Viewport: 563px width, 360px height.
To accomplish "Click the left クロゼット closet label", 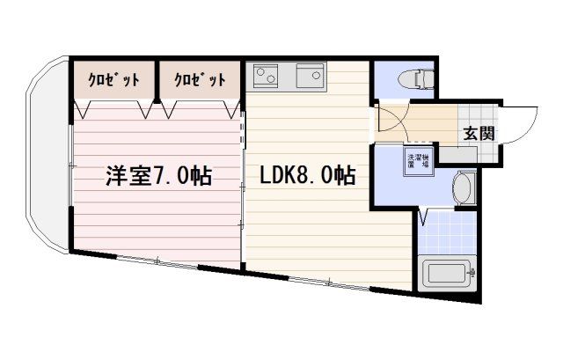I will tap(113, 80).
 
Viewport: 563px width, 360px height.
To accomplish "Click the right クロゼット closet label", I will tap(199, 80).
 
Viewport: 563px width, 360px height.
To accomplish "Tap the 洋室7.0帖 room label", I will tap(158, 175).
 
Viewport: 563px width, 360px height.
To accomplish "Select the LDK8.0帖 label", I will tap(307, 175).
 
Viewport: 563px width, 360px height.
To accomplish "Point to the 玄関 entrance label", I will tap(479, 134).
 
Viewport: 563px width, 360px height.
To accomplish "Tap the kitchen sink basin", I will tap(310, 77).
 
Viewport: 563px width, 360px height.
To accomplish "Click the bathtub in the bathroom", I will tap(450, 275).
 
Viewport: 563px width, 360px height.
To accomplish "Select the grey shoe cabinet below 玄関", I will tap(457, 155).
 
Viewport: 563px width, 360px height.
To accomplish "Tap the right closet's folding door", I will tap(199, 109).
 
